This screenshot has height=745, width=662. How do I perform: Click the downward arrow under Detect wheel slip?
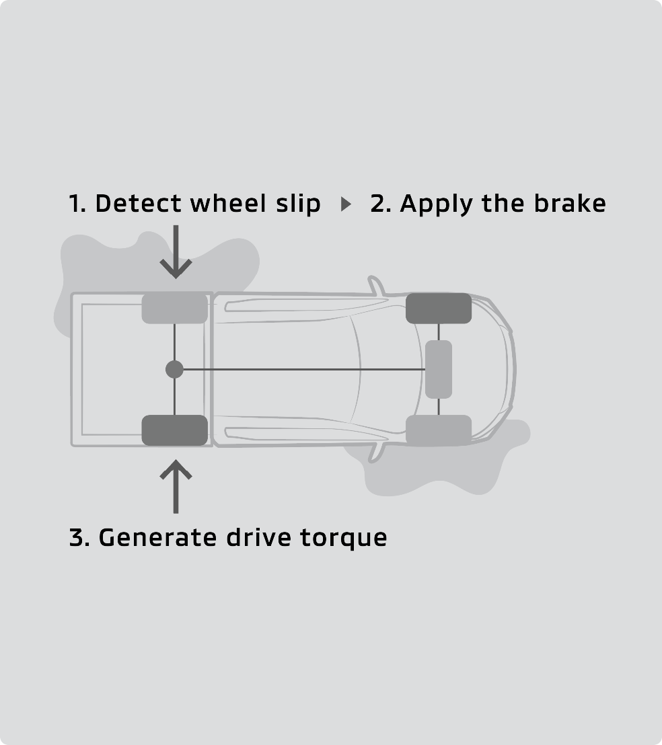point(175,252)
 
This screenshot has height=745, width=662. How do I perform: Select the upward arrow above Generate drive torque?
point(175,485)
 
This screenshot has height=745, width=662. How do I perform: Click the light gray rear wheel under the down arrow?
point(174,309)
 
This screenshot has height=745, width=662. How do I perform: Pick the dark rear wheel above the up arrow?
point(174,430)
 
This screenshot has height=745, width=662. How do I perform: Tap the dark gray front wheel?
point(439,309)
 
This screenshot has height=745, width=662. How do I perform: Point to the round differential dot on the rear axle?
point(174,369)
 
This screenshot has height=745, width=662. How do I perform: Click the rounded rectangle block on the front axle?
point(439,369)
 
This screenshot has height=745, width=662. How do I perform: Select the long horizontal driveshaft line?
point(303,369)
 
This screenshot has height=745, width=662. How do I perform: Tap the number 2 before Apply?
point(379,203)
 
